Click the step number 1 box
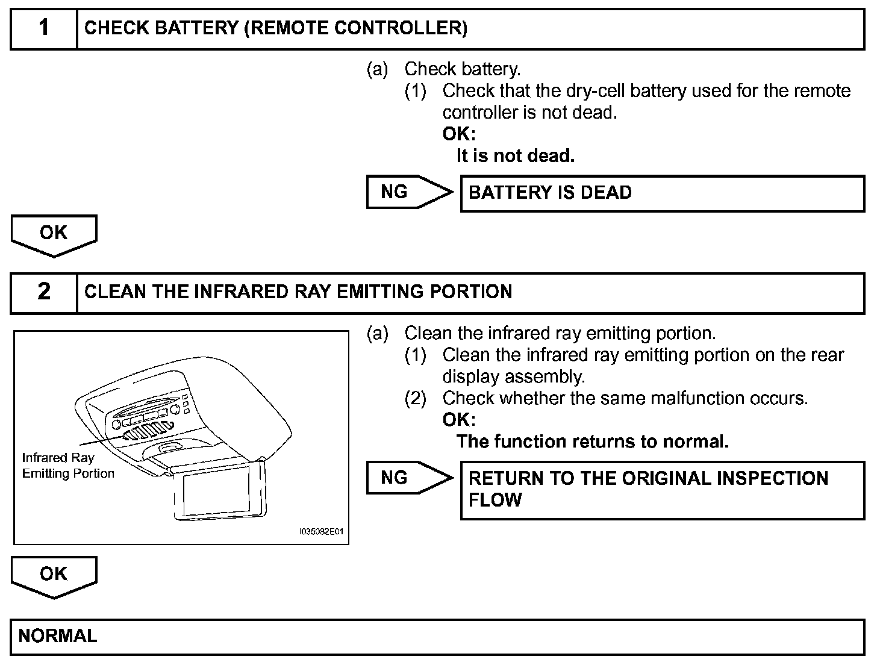coord(44,28)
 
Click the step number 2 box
coord(44,292)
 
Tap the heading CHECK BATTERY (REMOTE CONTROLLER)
coord(275,28)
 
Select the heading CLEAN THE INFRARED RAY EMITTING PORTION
coord(298,292)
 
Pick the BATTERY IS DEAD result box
coord(662,193)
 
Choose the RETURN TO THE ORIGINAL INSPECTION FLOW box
coord(662,489)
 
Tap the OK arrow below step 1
coord(54,234)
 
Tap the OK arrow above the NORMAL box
coord(54,575)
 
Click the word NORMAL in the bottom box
coord(58,636)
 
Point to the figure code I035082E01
coord(321,532)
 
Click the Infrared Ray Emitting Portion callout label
coord(67,466)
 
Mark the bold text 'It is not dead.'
coord(515,156)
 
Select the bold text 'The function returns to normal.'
coord(592,442)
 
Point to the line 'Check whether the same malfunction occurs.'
coord(625,398)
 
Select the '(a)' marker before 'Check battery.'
coord(378,69)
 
